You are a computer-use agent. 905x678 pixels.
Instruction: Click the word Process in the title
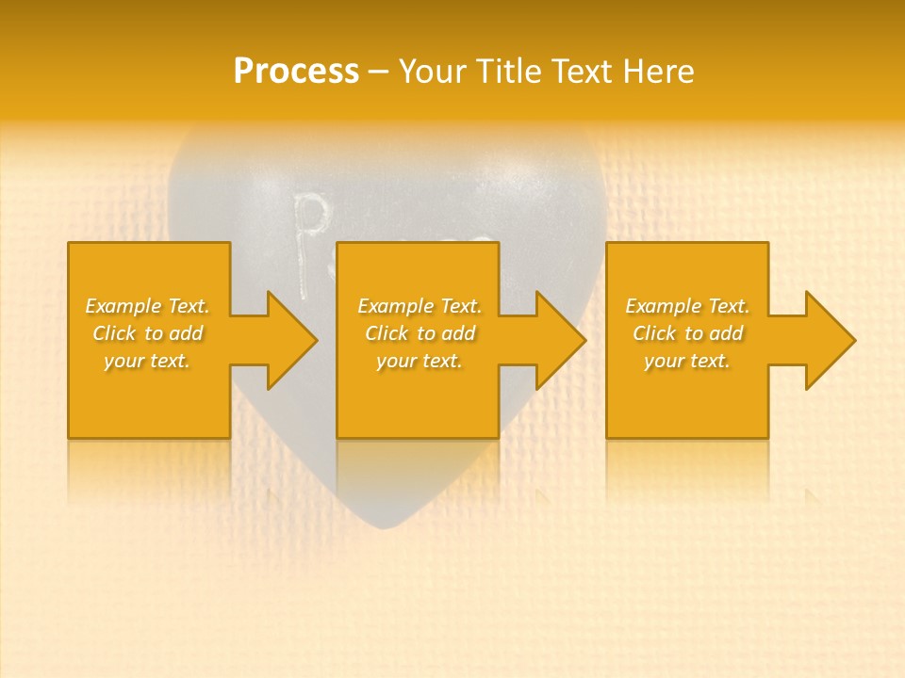[x=296, y=72]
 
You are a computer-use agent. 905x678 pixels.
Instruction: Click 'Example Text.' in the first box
[x=147, y=306]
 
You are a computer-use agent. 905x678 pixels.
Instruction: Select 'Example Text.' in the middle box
[x=420, y=306]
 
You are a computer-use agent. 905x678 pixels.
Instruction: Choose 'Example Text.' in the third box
[x=687, y=306]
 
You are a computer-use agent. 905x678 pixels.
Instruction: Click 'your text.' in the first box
[x=147, y=361]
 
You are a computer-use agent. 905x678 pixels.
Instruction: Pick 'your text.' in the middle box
[x=420, y=361]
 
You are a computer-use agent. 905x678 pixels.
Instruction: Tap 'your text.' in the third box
[x=687, y=361]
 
